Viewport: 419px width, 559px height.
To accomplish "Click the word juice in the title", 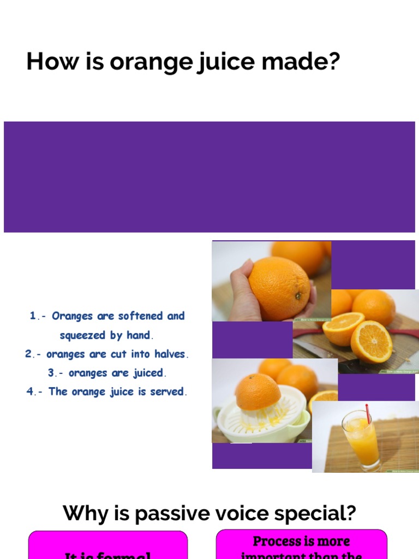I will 224,62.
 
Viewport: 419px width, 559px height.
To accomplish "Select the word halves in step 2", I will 170,354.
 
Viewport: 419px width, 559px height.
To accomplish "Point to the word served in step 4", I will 170,392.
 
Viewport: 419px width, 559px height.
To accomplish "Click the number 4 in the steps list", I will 30,392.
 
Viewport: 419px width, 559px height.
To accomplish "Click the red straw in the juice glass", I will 368,413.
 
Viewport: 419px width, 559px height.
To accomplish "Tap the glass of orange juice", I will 361,439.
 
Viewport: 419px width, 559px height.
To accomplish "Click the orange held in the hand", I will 279,288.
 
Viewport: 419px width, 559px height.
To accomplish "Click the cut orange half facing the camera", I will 371,341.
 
